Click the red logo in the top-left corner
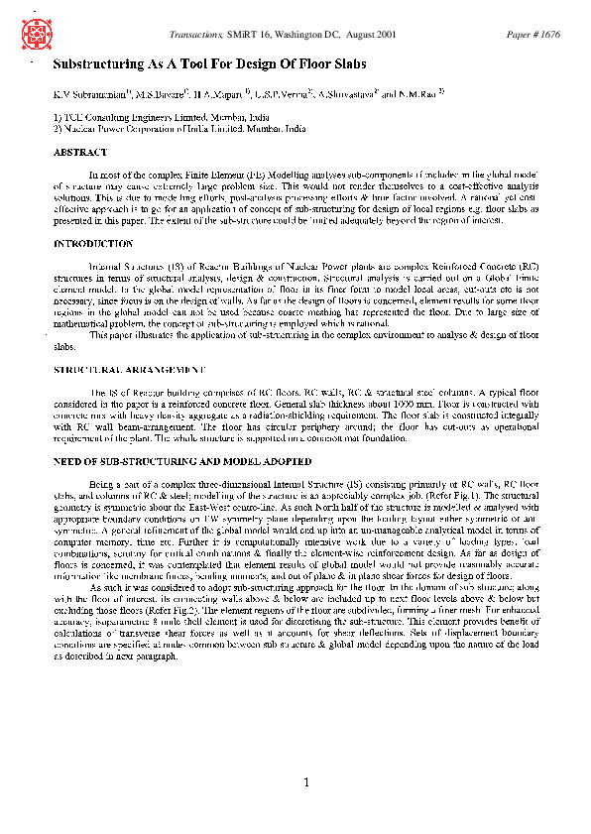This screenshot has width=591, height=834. point(35,35)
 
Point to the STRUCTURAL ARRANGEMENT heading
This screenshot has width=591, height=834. point(129,369)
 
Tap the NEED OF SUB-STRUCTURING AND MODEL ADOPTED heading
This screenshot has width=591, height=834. point(181,461)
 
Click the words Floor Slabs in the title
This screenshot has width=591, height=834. point(330,64)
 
